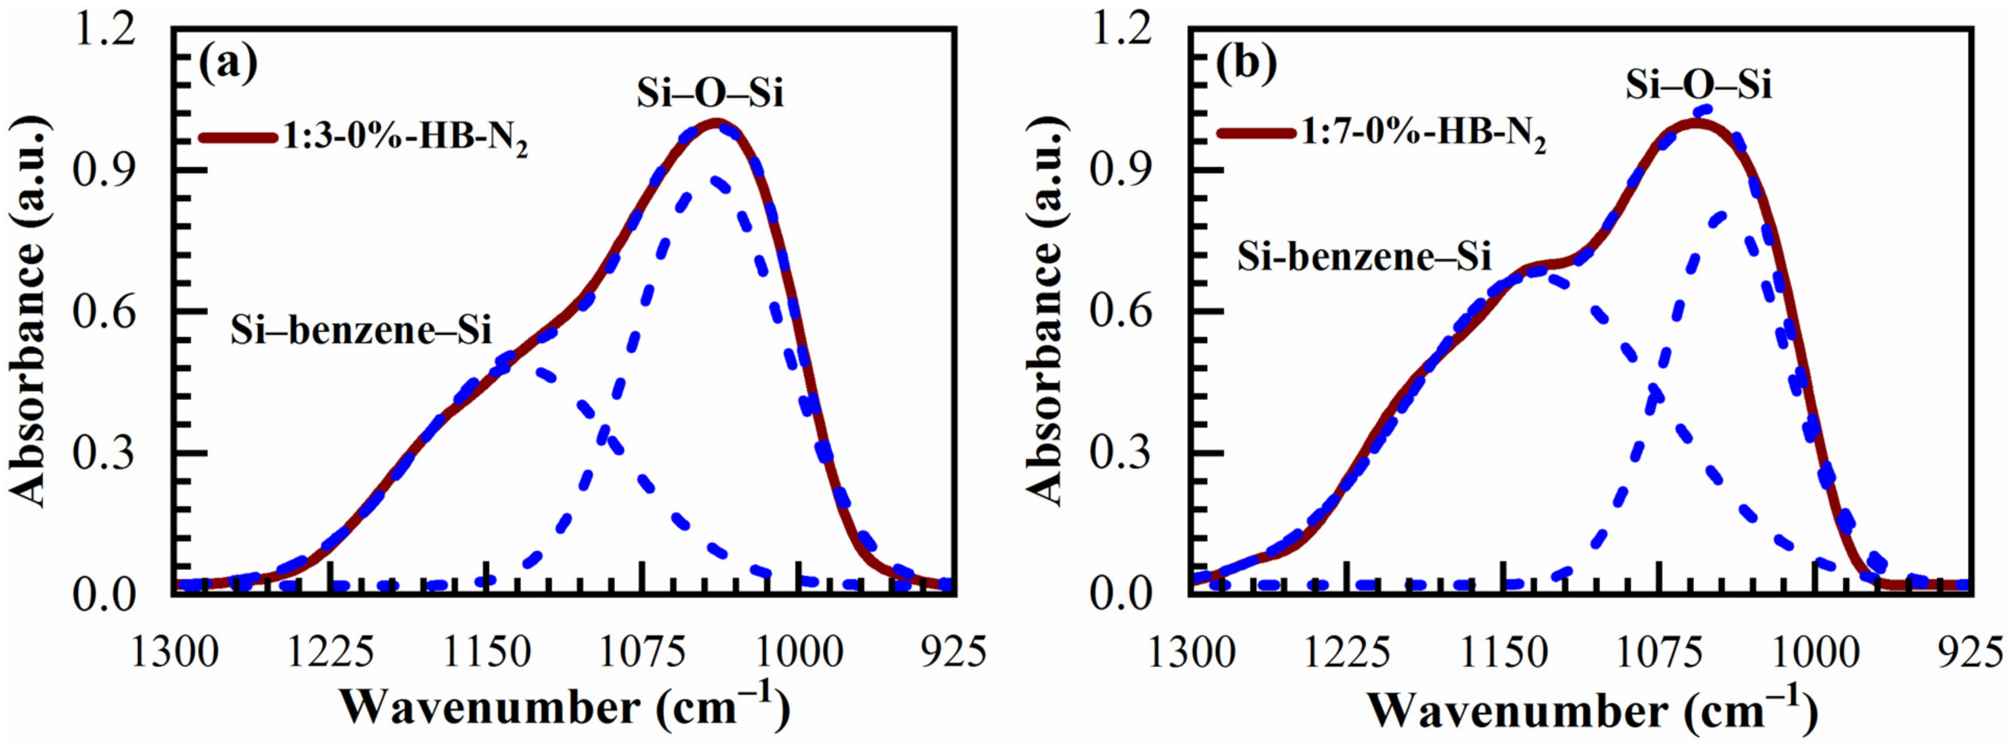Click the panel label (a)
(x=227, y=65)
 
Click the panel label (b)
(x=1247, y=65)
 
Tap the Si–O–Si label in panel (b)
(x=1698, y=86)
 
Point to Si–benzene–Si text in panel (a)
(x=361, y=331)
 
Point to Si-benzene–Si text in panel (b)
(x=1364, y=257)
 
